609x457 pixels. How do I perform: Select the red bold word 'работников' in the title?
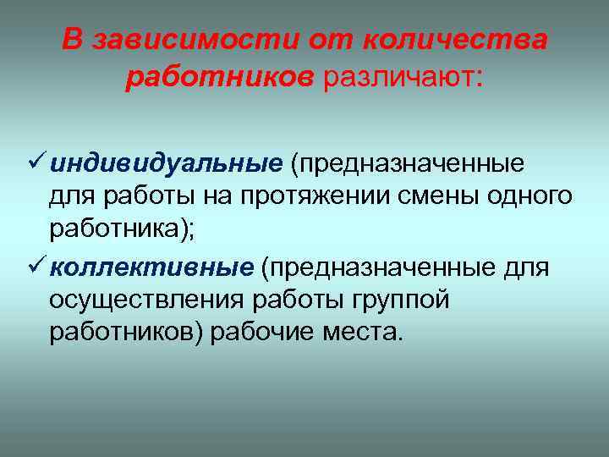pyautogui.click(x=220, y=79)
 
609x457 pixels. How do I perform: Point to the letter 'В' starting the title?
pyautogui.click(x=72, y=41)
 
